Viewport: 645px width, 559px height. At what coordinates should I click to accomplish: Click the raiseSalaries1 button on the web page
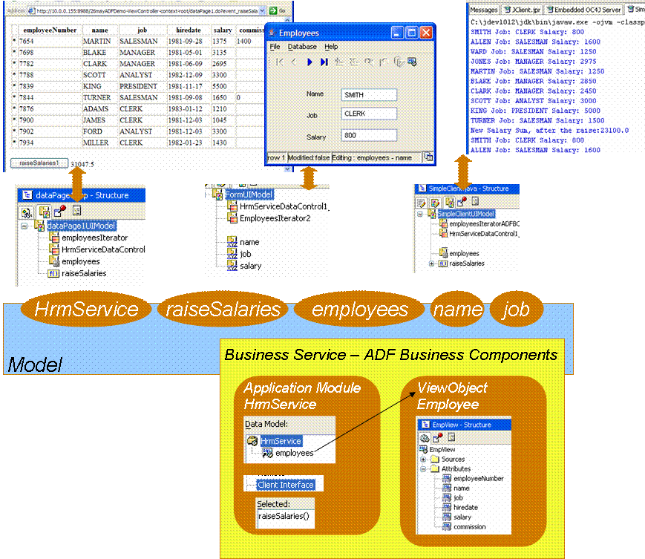click(39, 162)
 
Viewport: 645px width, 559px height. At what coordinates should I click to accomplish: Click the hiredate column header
click(185, 30)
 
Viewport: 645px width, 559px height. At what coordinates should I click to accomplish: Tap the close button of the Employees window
click(426, 33)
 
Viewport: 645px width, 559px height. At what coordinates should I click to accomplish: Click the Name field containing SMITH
click(369, 95)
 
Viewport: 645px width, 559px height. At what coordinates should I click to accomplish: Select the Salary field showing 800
click(369, 136)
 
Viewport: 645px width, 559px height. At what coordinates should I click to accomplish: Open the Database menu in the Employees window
click(302, 47)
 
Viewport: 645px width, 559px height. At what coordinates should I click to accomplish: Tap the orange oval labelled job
click(516, 310)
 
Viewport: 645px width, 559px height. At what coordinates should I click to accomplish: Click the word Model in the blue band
click(34, 365)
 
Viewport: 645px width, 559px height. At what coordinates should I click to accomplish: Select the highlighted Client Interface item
click(286, 485)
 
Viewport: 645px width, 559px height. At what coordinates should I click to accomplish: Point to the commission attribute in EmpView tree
click(469, 526)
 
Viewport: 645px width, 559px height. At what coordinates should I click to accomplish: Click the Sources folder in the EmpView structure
click(453, 460)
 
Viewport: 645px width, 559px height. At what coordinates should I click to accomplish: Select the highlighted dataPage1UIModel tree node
click(82, 226)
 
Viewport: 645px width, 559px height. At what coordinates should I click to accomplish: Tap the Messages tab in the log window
click(483, 10)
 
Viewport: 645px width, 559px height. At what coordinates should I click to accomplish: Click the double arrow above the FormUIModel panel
click(310, 178)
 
